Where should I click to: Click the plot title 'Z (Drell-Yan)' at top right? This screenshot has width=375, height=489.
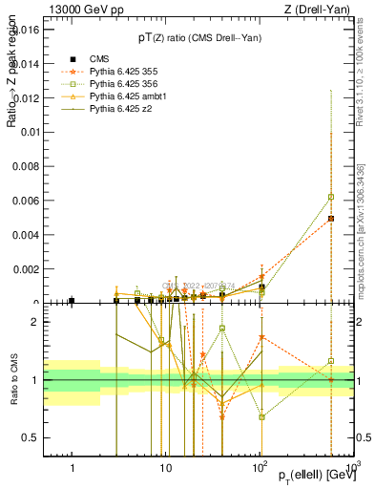tap(317, 10)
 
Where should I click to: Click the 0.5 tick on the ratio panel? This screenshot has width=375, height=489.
tap(33, 437)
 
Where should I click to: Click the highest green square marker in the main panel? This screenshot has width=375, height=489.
tap(330, 197)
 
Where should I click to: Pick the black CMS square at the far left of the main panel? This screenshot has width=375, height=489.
tap(72, 301)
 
